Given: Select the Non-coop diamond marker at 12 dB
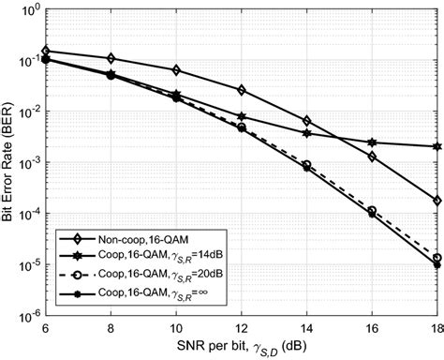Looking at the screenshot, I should (243, 90).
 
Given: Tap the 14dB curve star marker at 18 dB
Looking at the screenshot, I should (438, 146).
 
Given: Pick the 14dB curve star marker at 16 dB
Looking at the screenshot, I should (373, 142).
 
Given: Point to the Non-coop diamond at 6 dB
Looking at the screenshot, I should (46, 51).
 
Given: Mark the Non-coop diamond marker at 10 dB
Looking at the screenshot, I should (177, 70).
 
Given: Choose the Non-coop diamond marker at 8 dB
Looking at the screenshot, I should (111, 58).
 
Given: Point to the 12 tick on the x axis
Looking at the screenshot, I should (242, 329).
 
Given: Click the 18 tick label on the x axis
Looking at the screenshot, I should (437, 329).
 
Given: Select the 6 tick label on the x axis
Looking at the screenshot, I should (46, 329).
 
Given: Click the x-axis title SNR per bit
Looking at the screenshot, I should (243, 348).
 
